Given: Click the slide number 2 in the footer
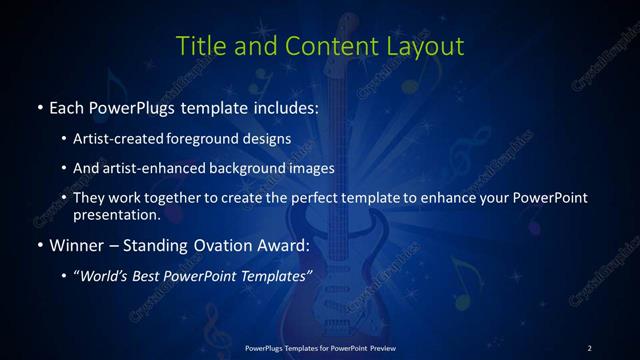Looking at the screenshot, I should point(589,347).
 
